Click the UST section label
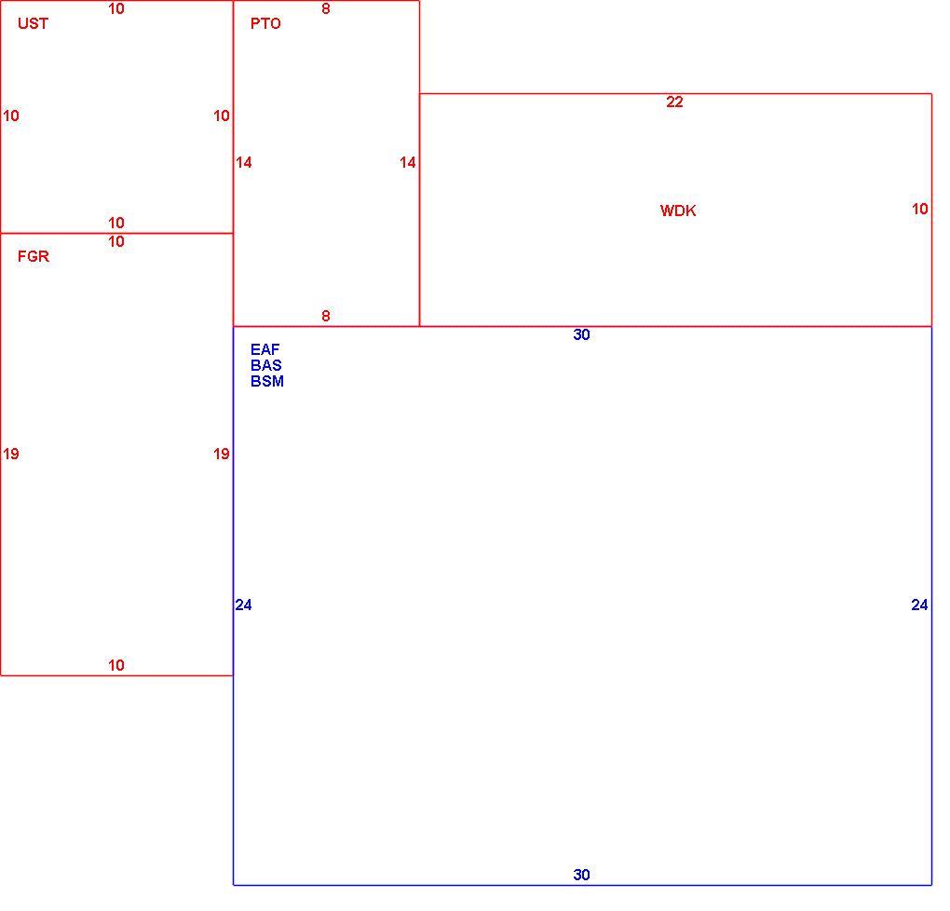pos(33,23)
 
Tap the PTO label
pos(265,23)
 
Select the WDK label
pos(678,211)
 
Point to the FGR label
pos(34,256)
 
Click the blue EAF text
pos(265,349)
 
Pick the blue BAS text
pos(266,365)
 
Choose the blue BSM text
pos(267,381)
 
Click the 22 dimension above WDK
pos(674,102)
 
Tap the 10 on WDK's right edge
pos(919,209)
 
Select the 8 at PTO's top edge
pos(326,8)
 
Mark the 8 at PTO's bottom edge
pos(326,316)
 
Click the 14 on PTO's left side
pos(244,162)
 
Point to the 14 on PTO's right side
pos(408,162)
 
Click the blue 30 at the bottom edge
pos(581,875)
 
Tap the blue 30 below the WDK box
pos(581,334)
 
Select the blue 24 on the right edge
pos(919,605)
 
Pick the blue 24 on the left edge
pos(244,605)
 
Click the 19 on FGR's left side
pos(11,454)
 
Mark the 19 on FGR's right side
pos(222,454)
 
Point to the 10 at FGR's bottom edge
pos(116,665)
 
